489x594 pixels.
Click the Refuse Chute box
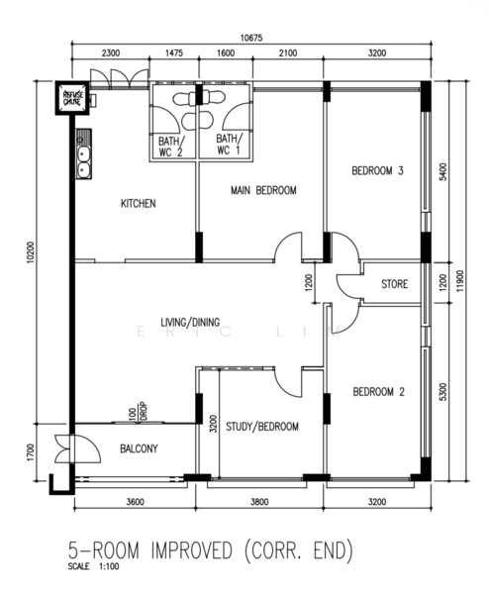point(72,98)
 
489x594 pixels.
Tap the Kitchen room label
point(139,203)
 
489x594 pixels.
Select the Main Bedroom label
point(263,190)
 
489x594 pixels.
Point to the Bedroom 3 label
point(378,171)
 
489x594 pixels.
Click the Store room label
point(394,284)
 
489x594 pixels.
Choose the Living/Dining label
point(190,322)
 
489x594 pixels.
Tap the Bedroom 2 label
point(379,391)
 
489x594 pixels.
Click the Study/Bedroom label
point(262,427)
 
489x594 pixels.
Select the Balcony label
point(139,448)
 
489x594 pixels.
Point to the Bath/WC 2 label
point(171,147)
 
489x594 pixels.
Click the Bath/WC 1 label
point(229,144)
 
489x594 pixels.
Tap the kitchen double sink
point(84,153)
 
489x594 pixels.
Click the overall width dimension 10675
point(251,38)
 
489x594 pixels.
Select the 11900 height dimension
point(459,281)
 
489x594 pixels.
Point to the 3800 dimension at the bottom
point(259,502)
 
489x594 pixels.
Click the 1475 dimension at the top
point(174,52)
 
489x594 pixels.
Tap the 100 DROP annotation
point(138,412)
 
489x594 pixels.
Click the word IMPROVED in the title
point(191,550)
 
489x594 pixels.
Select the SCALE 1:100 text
point(93,566)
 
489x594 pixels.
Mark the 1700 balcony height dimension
point(31,452)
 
